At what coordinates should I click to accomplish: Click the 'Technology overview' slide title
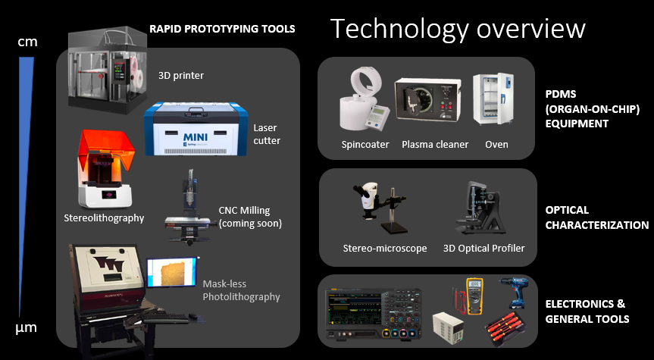pos(458,29)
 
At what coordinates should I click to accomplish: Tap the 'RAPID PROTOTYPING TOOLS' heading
pos(222,29)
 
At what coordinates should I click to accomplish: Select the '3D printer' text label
pos(181,76)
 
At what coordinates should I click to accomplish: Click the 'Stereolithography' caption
pos(104,218)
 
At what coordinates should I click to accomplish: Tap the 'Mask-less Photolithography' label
pos(241,290)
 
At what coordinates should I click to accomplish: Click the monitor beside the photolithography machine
pos(171,272)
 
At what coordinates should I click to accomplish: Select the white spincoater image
pos(363,99)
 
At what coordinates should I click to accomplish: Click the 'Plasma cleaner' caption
pos(435,144)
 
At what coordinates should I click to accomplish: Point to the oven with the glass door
pos(493,99)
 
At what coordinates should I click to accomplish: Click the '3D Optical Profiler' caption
pos(483,248)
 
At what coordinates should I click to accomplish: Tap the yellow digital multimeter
pos(474,296)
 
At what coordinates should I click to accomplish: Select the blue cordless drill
pos(512,293)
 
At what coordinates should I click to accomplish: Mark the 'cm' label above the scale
pos(27,42)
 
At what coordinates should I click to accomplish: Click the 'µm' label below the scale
pos(27,327)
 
